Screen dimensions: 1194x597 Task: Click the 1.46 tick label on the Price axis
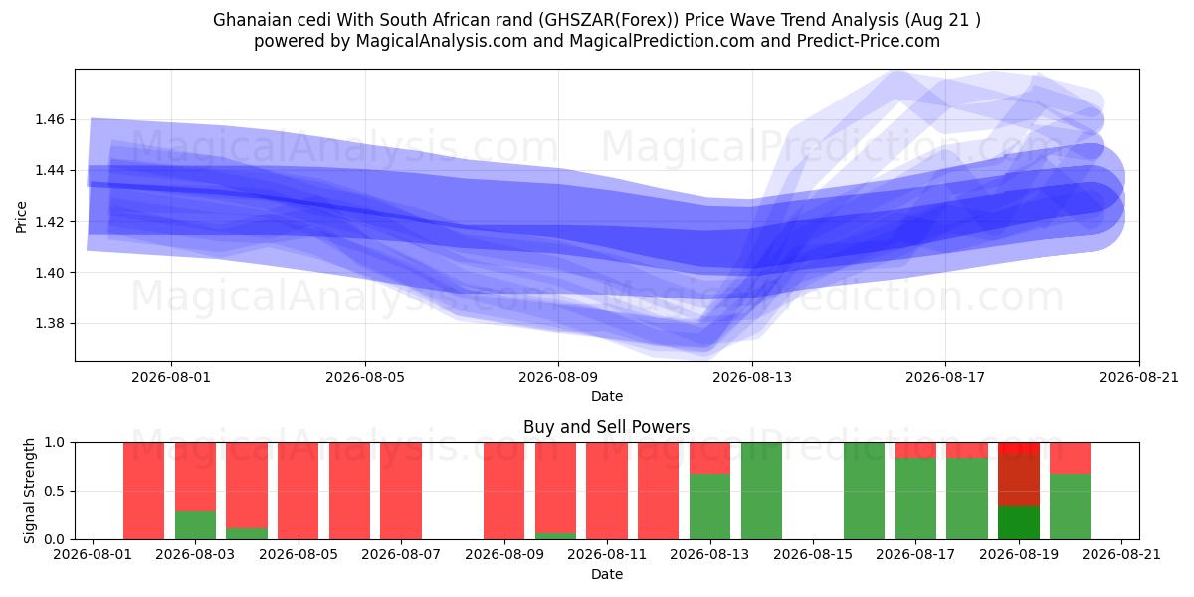49,119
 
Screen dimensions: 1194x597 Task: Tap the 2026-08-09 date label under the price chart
558,377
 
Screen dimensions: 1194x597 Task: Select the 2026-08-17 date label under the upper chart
945,377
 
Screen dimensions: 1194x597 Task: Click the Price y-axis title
21,217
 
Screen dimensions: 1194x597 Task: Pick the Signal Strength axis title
29,491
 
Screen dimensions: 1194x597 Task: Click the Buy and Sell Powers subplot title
607,427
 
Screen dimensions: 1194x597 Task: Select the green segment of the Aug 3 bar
196,525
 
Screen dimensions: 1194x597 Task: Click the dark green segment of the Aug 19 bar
1019,522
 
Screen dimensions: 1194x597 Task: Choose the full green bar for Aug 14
761,491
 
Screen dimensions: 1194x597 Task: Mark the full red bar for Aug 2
144,491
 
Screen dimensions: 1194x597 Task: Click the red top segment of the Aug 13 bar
710,458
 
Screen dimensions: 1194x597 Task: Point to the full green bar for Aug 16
864,491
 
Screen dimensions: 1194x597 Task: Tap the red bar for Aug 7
401,491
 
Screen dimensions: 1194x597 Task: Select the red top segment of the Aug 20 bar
1070,458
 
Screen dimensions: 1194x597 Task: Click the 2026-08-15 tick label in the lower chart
813,554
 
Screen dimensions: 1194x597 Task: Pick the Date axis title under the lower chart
607,574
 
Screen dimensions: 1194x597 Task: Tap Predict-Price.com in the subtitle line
869,41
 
